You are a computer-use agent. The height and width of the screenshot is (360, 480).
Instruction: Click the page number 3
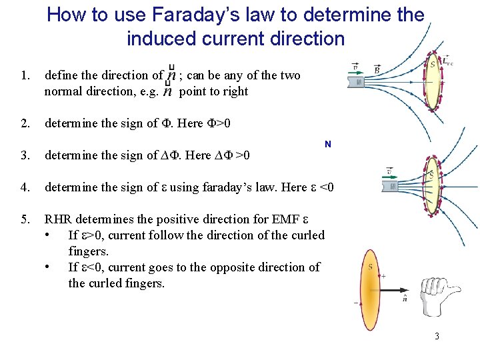(x=437, y=336)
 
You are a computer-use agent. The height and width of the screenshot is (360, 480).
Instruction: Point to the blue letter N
(x=327, y=144)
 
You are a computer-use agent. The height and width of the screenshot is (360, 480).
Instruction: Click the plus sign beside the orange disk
(x=383, y=275)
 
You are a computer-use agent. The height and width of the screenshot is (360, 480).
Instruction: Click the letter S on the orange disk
(x=370, y=268)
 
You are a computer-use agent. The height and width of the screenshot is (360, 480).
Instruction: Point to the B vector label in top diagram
(x=377, y=69)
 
